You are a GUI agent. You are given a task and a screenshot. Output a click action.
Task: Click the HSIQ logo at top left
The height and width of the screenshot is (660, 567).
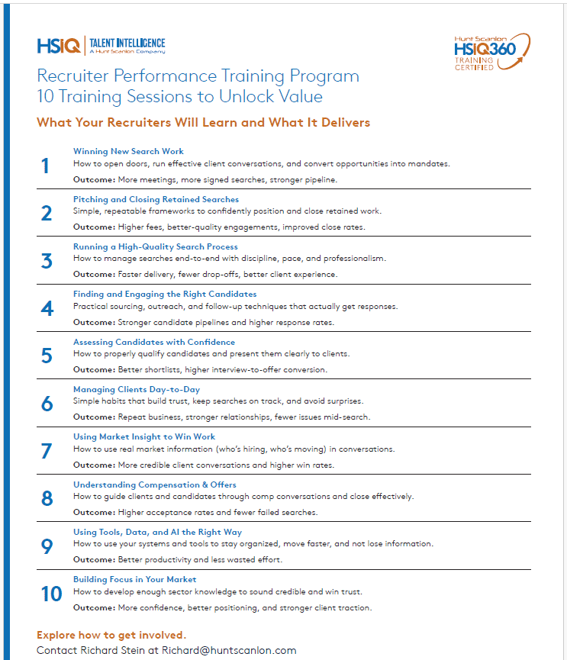coord(58,47)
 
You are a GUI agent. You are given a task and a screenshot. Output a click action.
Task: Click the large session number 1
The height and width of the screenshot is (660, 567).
coord(45,166)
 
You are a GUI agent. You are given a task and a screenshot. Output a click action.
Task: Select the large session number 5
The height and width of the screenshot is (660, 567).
coord(47,356)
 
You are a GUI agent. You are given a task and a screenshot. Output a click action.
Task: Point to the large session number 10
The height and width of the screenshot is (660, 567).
coord(51,594)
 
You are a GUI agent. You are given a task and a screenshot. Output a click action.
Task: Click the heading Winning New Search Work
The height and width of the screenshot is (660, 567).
coord(128,151)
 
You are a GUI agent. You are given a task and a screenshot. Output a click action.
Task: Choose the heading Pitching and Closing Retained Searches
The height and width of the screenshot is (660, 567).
coord(156,199)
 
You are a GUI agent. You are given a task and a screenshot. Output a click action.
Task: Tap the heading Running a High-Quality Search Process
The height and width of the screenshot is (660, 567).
coord(155,246)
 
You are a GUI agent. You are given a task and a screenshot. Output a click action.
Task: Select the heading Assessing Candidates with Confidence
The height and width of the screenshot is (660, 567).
coord(153,342)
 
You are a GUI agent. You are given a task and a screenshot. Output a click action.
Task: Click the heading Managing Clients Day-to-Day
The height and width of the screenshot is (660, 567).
coord(136,389)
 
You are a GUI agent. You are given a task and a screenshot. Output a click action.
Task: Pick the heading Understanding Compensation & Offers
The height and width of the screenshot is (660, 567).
coord(154,485)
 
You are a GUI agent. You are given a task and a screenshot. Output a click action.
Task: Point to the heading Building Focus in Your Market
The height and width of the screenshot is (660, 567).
coord(134,579)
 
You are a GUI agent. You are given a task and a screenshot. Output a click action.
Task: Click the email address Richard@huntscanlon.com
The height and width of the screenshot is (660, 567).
coord(229,650)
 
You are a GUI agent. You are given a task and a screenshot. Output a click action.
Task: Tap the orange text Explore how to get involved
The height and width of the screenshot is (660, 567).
coord(111,635)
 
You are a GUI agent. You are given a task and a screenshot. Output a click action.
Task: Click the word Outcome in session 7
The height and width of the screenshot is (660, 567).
coord(93,465)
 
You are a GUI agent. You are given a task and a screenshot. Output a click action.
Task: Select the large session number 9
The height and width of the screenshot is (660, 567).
coord(47,546)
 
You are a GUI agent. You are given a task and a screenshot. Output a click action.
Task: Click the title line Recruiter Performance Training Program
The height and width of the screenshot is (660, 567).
coord(198,76)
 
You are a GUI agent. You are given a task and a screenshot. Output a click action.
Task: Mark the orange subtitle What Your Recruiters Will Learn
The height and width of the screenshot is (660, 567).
coord(203,122)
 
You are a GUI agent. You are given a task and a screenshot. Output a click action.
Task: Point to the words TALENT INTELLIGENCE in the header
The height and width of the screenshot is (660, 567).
coord(127,43)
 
